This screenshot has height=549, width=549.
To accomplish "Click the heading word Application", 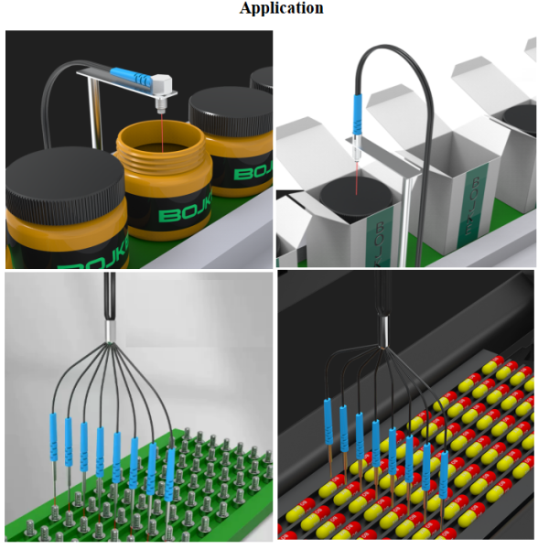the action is (282, 8).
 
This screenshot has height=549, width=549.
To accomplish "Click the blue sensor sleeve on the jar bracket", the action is (130, 77).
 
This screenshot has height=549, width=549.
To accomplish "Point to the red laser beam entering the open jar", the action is (162, 133).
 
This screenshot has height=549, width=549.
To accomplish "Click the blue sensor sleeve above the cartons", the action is (357, 114).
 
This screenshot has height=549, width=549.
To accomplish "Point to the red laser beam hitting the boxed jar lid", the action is (357, 178).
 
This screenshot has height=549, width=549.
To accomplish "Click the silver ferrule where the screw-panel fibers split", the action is (111, 331).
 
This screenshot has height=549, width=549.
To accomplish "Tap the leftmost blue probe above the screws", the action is (53, 437).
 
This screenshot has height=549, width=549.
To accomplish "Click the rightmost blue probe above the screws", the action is (169, 475).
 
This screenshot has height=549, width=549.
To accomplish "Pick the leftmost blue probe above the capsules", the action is (328, 421).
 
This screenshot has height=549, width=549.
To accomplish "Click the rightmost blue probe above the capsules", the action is (444, 475).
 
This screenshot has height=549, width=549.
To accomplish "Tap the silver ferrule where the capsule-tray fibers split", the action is (384, 330).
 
